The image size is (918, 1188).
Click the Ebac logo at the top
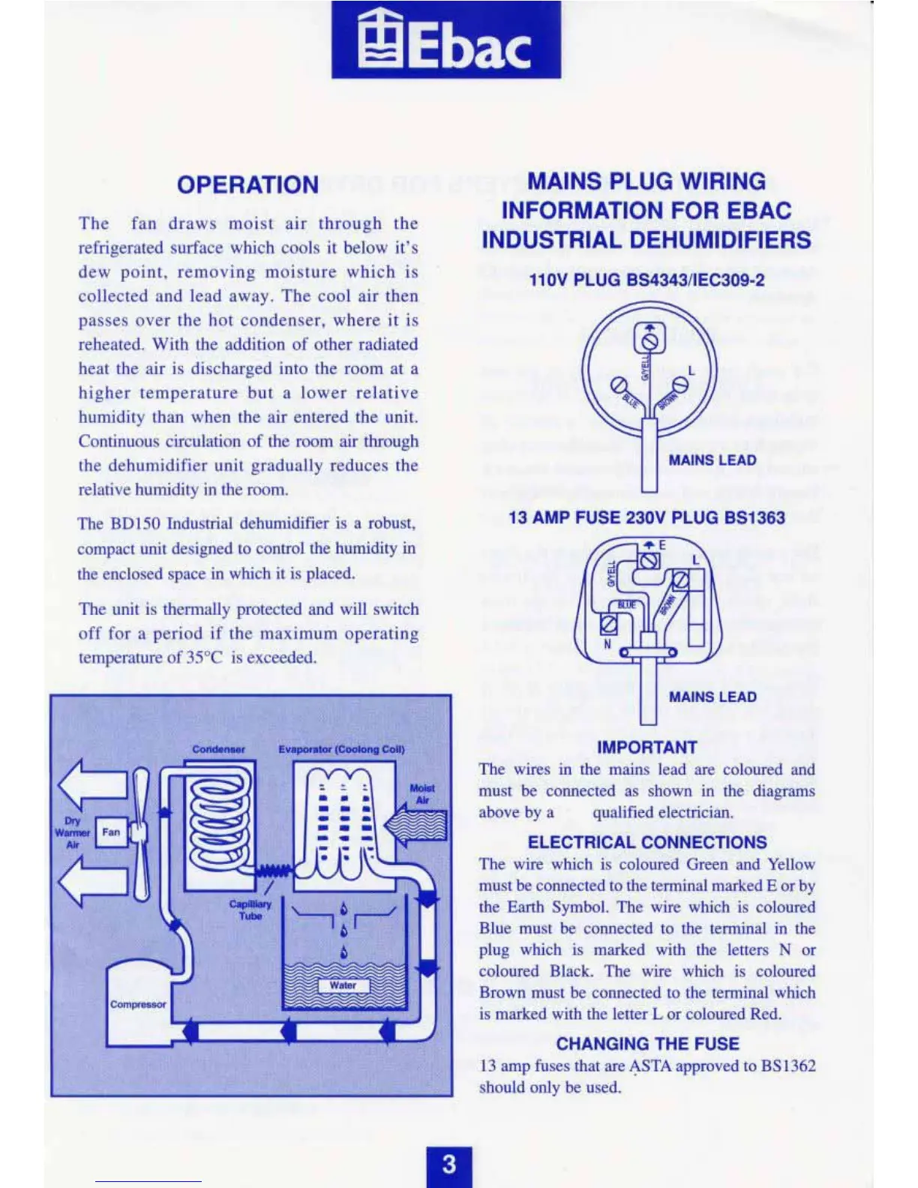point(446,41)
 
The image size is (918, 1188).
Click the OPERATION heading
point(247,185)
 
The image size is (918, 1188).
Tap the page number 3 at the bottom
point(448,1165)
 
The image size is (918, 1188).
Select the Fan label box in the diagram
point(111,832)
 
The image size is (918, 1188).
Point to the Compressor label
point(138,1004)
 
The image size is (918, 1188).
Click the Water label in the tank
point(343,985)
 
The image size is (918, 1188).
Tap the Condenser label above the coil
point(218,749)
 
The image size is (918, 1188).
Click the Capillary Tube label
point(250,910)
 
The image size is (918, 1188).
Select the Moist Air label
point(422,794)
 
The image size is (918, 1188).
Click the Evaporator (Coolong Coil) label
point(341,749)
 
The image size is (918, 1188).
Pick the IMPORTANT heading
point(647,748)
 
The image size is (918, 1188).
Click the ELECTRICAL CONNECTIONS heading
point(647,842)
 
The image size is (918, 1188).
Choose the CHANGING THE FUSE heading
point(647,1044)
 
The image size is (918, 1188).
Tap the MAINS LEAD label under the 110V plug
point(712,460)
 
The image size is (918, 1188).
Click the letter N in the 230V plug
point(607,644)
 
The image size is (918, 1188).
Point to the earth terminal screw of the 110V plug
point(650,341)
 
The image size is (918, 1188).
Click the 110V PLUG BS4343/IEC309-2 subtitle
point(647,280)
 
